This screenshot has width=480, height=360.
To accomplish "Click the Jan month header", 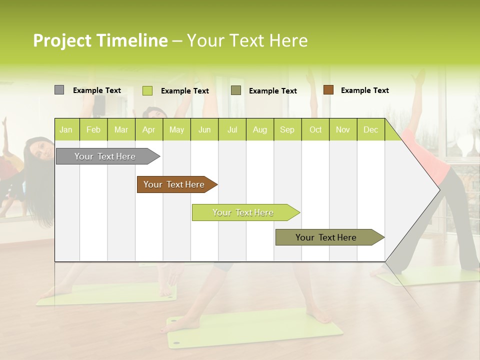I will [66, 129].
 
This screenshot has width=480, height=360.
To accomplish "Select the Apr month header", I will [149, 129].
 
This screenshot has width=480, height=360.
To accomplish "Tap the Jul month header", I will [232, 129].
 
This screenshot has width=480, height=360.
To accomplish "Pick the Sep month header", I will [287, 129].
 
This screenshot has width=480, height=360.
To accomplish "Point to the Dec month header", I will [370, 129].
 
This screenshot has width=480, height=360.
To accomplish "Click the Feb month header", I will [93, 129].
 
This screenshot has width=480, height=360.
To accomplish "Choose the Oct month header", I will [315, 129].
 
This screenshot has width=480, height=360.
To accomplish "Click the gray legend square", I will [59, 90].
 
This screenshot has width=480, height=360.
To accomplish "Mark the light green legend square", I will [147, 90].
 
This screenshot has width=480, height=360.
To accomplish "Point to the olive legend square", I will [236, 90].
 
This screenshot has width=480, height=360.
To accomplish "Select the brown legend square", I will [328, 90].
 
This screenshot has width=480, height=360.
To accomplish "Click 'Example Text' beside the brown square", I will [364, 90].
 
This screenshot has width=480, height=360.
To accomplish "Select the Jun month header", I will [204, 129].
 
